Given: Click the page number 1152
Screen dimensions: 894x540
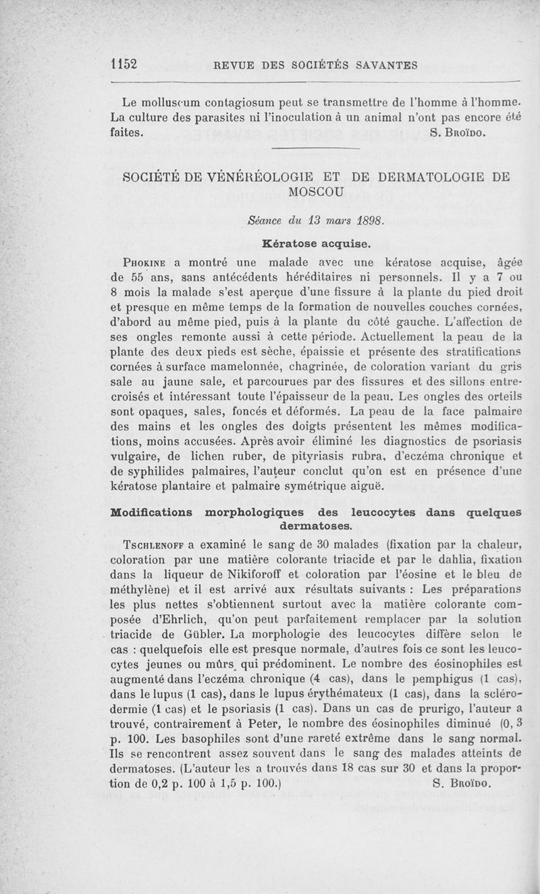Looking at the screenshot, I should click(124, 64).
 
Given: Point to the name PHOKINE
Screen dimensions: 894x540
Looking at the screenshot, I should click(139, 263).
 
